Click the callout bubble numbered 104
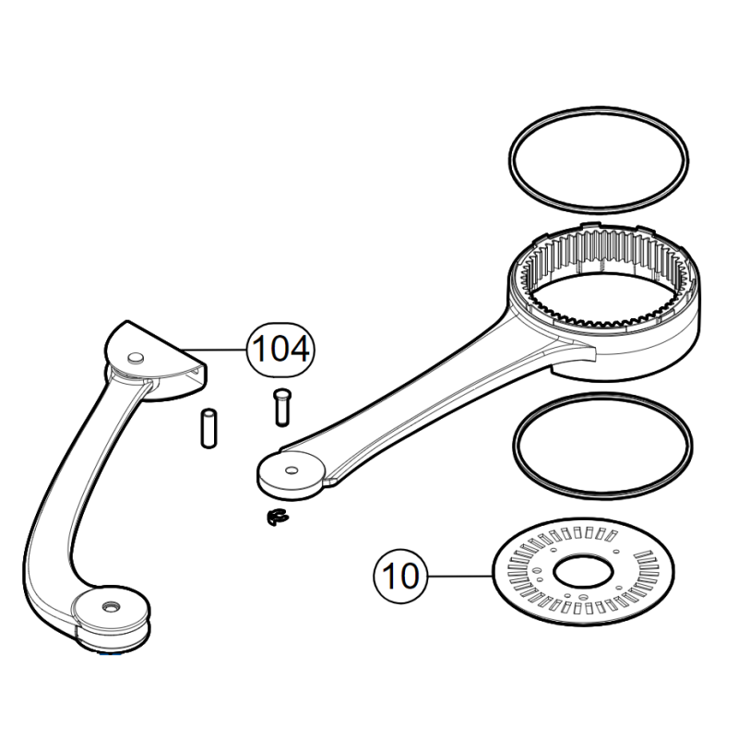[x=280, y=350]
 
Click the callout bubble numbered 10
[x=400, y=576]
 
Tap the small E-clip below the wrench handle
[x=276, y=518]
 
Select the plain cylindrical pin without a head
[x=208, y=428]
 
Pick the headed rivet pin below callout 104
[x=282, y=408]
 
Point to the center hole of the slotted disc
[x=583, y=572]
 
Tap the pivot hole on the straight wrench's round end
[x=292, y=470]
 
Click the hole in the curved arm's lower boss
[x=111, y=608]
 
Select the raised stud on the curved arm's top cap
[x=136, y=357]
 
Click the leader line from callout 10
[x=460, y=576]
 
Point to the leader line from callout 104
[x=214, y=350]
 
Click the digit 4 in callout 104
[x=299, y=349]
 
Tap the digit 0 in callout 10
[x=408, y=576]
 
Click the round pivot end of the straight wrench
[x=291, y=475]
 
